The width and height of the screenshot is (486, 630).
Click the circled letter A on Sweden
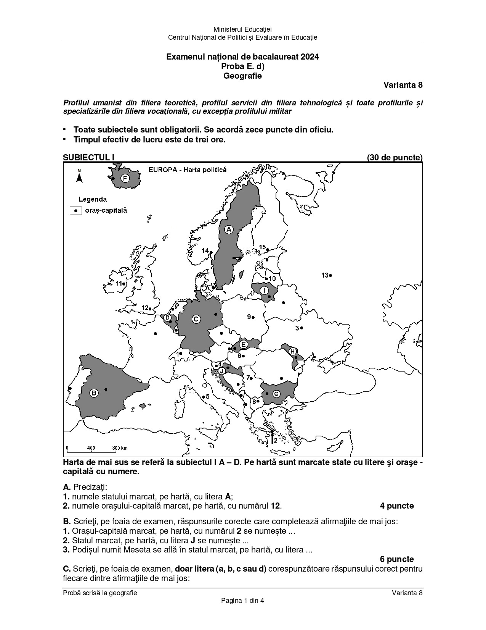pos(229,229)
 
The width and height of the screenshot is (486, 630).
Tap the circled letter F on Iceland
pos(125,178)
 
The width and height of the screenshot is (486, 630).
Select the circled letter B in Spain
pos(94,393)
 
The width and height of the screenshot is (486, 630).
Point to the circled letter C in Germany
pos(196,319)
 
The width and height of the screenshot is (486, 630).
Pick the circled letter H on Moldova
pos(292,351)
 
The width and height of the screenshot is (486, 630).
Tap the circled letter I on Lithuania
pos(265,291)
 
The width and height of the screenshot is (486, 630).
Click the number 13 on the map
pos(325,275)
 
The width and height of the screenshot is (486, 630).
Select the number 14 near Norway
pos(205,250)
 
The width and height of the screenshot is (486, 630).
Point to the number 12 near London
pos(144,308)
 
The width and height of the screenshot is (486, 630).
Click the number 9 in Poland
pos(249,317)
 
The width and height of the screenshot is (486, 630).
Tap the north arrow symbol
pos(79,177)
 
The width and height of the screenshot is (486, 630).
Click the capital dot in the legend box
pos(76,210)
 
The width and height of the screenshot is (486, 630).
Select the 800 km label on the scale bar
pos(120,448)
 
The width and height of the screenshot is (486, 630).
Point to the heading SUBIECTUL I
pos(88,157)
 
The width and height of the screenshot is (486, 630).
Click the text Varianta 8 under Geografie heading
pos(403,85)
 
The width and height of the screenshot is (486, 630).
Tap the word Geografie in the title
pos(242,76)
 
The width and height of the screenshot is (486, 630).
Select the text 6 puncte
pos(397,559)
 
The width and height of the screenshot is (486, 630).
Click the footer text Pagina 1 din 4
pos(242,600)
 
